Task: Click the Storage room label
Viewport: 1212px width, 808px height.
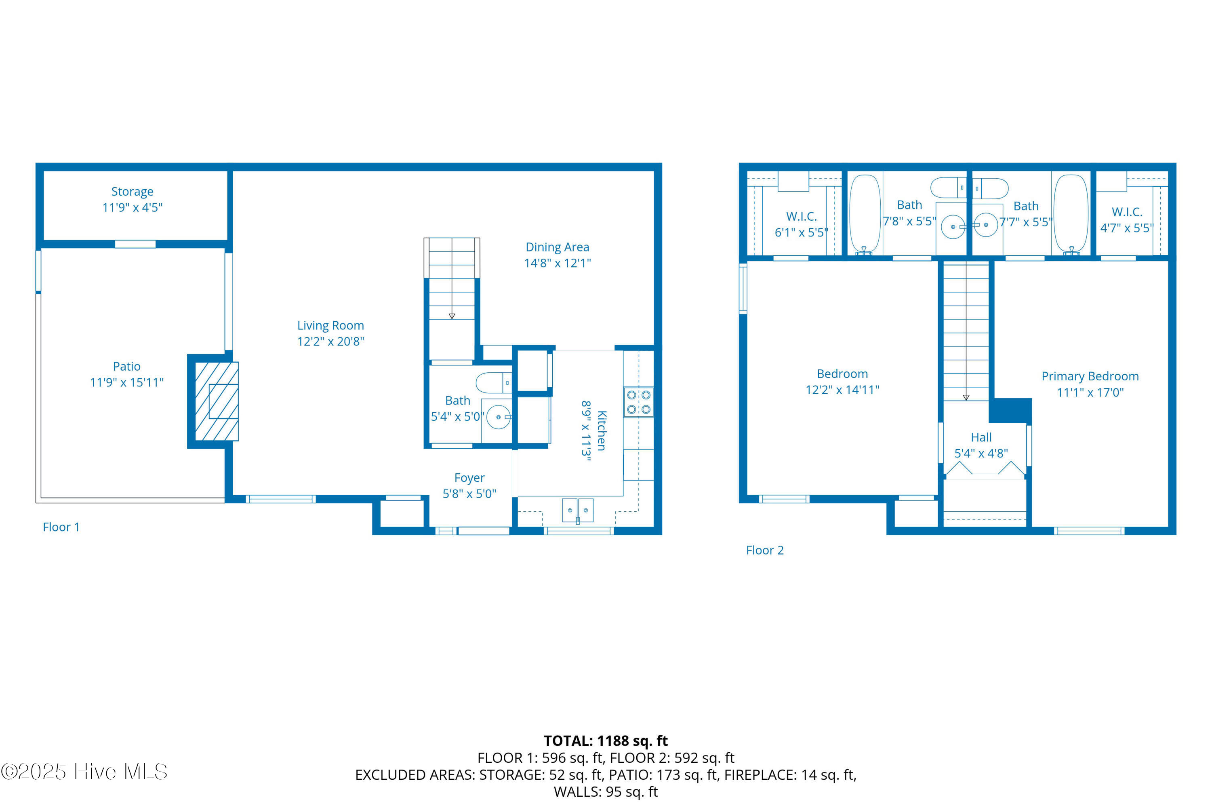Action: click(x=133, y=192)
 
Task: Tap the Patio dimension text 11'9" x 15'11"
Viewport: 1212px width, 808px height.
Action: click(x=127, y=382)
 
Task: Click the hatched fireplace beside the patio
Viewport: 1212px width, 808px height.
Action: click(x=216, y=401)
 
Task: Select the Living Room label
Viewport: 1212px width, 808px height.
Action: click(x=331, y=326)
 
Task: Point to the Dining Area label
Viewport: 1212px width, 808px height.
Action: click(x=558, y=247)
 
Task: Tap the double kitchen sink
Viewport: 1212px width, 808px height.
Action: click(x=577, y=510)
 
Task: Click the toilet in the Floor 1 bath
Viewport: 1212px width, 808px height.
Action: click(x=493, y=383)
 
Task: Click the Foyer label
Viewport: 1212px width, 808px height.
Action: click(x=469, y=478)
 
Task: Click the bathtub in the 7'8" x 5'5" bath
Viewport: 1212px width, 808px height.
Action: click(x=865, y=214)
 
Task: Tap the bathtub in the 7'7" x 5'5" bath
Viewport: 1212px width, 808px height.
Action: click(x=1071, y=214)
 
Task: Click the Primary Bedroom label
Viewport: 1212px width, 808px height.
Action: click(x=1090, y=376)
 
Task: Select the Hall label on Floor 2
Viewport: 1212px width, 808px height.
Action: click(x=981, y=437)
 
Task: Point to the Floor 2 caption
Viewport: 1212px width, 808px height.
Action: click(x=765, y=551)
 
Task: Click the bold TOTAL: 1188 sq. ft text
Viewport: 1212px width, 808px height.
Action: click(x=606, y=741)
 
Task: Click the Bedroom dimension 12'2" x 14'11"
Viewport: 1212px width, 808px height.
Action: click(x=842, y=390)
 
